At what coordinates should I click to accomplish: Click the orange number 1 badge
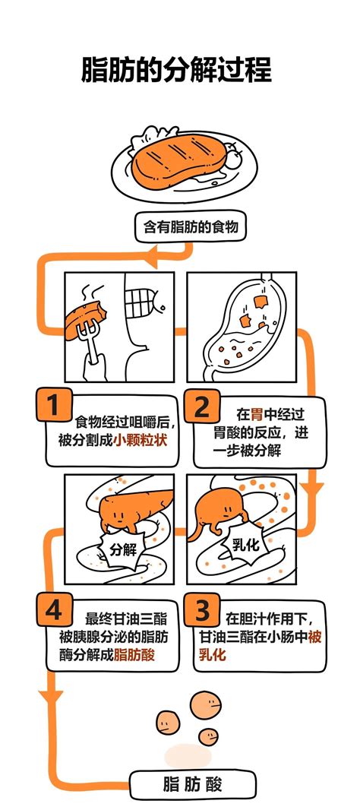(x=52, y=407)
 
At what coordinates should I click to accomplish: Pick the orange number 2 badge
(x=201, y=407)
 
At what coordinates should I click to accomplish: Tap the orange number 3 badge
(x=201, y=609)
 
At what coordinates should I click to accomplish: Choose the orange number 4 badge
(x=52, y=609)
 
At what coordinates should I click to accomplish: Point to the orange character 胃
(x=257, y=415)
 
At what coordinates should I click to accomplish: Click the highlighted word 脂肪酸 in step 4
(x=134, y=654)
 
